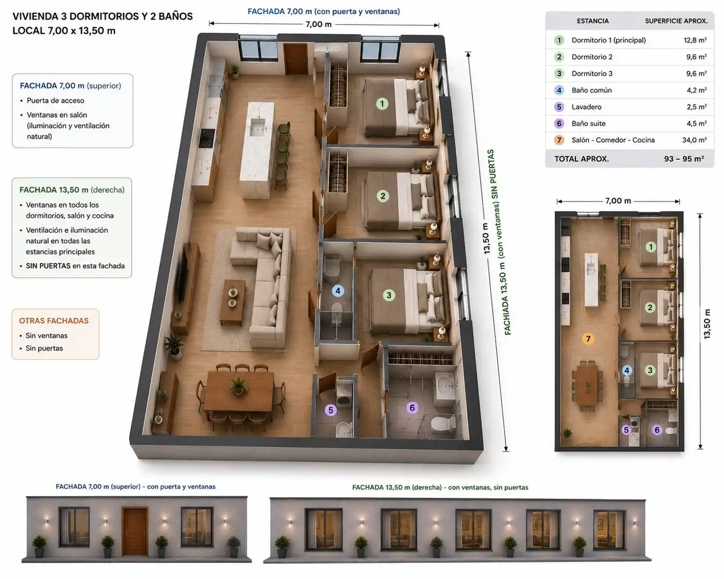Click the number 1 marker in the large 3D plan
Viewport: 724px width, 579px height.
coord(382,103)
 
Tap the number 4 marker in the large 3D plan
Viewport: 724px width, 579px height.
coord(338,291)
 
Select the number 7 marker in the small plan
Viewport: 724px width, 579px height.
coord(588,338)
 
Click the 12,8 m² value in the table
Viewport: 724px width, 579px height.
coord(695,40)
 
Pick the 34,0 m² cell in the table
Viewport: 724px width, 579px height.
coord(695,140)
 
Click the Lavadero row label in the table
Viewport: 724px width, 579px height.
coord(586,107)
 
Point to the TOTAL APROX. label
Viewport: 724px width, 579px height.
coord(581,159)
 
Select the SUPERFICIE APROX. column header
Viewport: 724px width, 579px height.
coord(676,21)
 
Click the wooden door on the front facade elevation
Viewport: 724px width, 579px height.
coord(135,532)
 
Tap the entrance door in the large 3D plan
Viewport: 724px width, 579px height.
coord(295,59)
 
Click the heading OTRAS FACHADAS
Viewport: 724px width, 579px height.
coord(54,321)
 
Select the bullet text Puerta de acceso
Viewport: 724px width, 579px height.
coord(56,100)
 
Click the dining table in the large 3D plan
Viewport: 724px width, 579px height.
coord(239,391)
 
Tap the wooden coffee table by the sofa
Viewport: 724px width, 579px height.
coord(232,302)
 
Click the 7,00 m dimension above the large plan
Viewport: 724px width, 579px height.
coord(319,24)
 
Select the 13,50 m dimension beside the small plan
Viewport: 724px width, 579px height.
coord(707,324)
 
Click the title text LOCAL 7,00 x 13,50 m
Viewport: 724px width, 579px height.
coord(64,31)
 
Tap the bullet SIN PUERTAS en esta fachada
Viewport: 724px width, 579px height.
coord(76,266)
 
